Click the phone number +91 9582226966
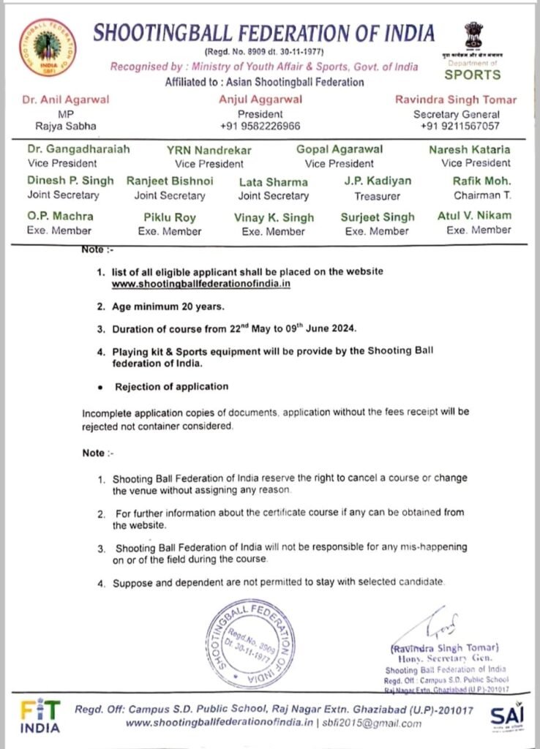259,126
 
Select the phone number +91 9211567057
460,126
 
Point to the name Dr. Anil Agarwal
67,100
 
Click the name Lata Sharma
274,181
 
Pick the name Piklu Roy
169,217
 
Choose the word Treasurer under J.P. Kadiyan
378,195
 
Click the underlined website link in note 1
201,283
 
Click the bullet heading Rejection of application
171,386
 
